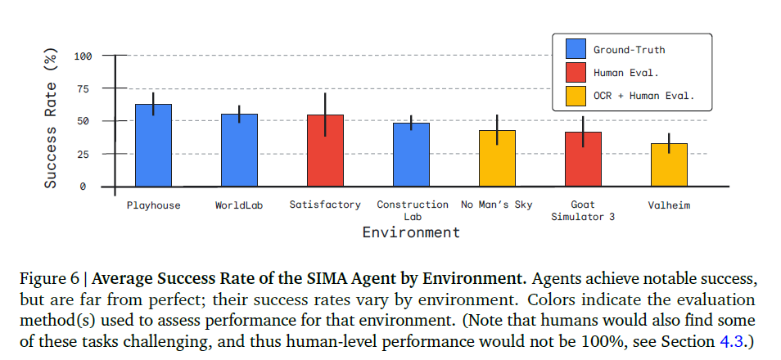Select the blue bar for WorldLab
(x=239, y=151)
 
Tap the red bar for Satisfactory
(x=325, y=151)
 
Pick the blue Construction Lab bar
(x=411, y=155)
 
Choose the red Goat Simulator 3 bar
(x=583, y=159)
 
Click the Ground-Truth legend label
(x=630, y=50)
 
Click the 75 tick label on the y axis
(x=85, y=88)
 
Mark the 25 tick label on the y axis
(x=85, y=154)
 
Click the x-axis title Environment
(x=411, y=232)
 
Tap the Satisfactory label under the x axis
(x=325, y=205)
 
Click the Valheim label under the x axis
(x=669, y=205)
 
